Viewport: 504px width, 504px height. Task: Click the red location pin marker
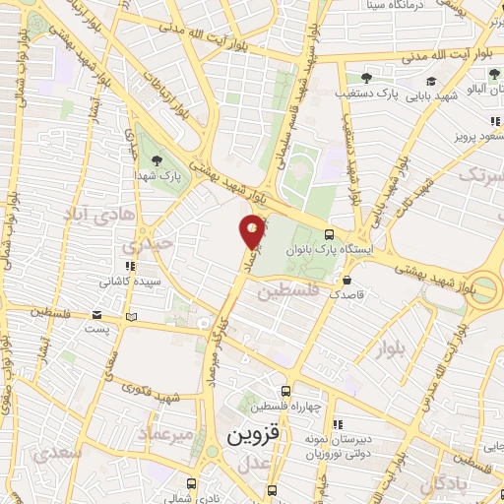(x=253, y=230)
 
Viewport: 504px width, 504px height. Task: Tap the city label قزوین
(x=254, y=434)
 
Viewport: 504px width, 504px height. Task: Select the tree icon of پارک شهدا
(x=155, y=160)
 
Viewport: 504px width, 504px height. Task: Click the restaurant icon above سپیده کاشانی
(x=128, y=265)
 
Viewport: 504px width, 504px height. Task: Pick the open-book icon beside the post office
(x=132, y=317)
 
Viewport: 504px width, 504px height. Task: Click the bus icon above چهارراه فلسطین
(x=285, y=391)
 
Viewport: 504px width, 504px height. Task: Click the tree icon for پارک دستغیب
(x=366, y=78)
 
